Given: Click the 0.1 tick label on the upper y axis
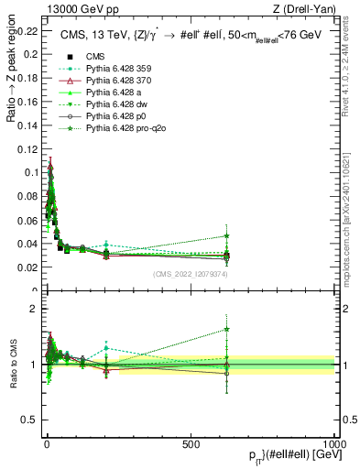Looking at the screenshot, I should (x=32, y=172).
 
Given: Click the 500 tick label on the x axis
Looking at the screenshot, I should (x=191, y=444).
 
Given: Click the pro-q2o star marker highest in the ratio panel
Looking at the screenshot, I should (x=226, y=329).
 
